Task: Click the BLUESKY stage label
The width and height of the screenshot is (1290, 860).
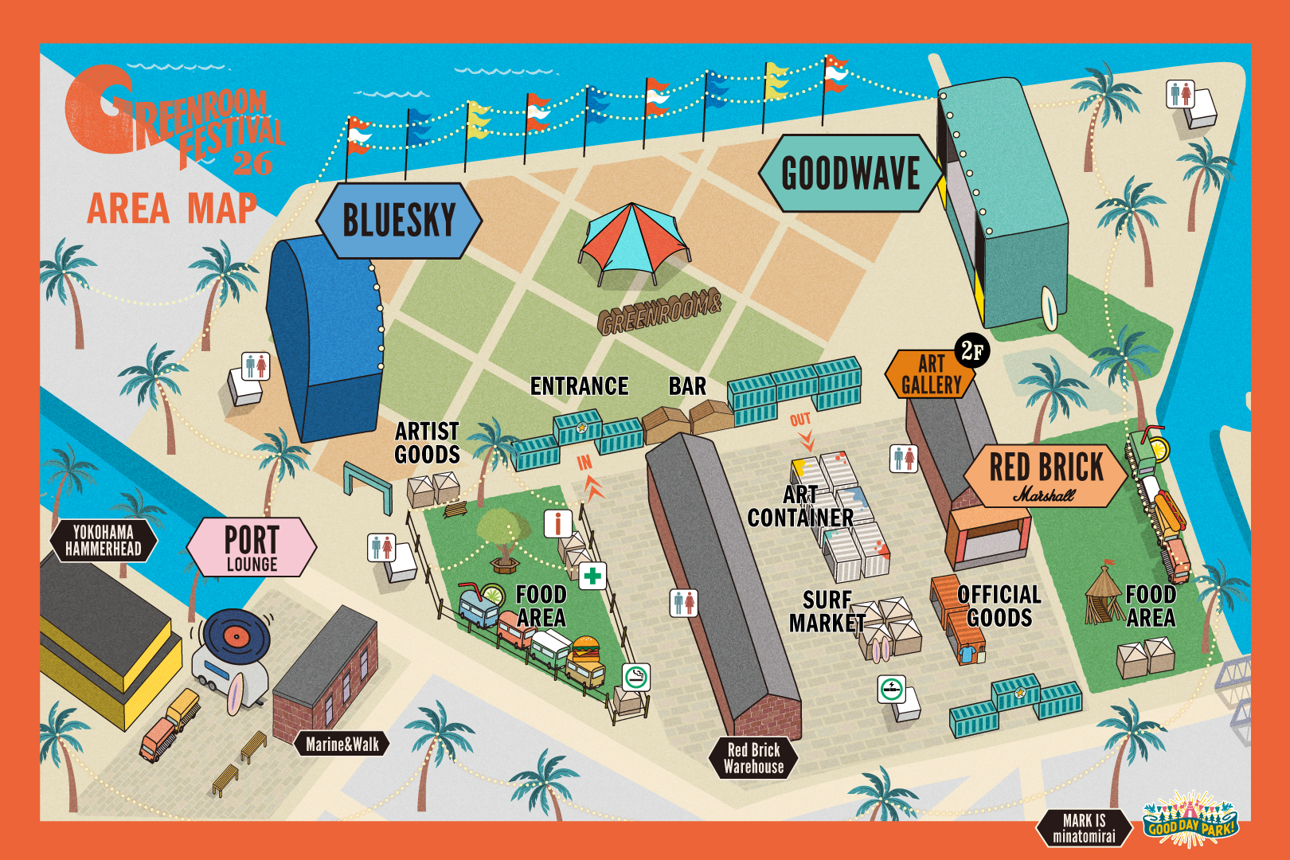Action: point(399,221)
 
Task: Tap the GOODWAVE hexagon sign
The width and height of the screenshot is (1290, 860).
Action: point(850,174)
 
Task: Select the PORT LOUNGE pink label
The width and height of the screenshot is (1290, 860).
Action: point(252,547)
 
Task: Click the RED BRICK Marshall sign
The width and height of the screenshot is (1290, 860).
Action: point(1046,475)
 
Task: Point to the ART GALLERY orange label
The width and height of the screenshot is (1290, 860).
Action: point(930,375)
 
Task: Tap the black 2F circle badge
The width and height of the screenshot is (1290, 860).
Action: point(971,350)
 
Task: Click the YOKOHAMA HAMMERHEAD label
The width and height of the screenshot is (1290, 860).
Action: point(104,541)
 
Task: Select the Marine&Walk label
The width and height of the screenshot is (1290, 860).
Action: point(342,745)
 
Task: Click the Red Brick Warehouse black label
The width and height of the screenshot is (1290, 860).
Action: point(753,758)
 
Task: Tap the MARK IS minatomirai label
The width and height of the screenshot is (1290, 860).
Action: point(1084,828)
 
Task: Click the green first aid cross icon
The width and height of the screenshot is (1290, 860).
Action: point(592,575)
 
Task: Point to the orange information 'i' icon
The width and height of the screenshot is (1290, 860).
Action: point(557,523)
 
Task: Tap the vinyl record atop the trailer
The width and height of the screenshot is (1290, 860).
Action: point(236,635)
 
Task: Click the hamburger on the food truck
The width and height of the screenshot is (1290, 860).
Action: point(586,649)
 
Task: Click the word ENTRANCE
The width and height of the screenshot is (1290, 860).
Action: point(579,386)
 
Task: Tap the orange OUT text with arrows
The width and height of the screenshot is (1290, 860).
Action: point(802,428)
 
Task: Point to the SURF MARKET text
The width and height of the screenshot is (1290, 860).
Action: point(827,612)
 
